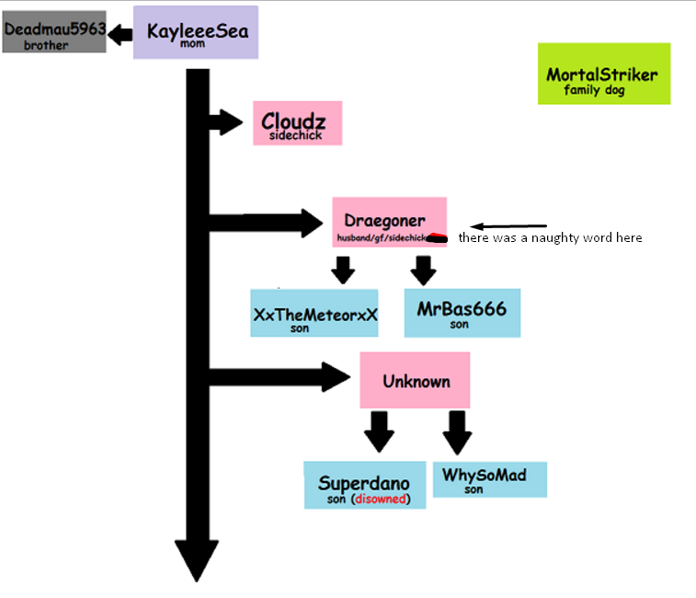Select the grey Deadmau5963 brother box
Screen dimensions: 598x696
click(x=53, y=35)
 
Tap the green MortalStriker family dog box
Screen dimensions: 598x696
click(x=603, y=74)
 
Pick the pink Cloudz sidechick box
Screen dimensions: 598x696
click(x=297, y=123)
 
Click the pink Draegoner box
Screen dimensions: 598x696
click(x=389, y=221)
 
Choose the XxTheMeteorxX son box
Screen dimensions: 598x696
click(x=314, y=314)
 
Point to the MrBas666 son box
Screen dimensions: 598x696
click(x=462, y=312)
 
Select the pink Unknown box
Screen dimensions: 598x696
click(x=415, y=380)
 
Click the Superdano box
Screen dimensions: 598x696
click(x=364, y=485)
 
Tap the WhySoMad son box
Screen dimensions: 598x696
click(x=488, y=479)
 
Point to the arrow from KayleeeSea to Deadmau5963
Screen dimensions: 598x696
click(x=120, y=35)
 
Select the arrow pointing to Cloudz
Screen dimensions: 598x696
click(x=226, y=121)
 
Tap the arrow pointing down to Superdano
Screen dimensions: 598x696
click(x=378, y=431)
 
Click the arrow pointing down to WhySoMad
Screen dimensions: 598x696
click(x=456, y=431)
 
